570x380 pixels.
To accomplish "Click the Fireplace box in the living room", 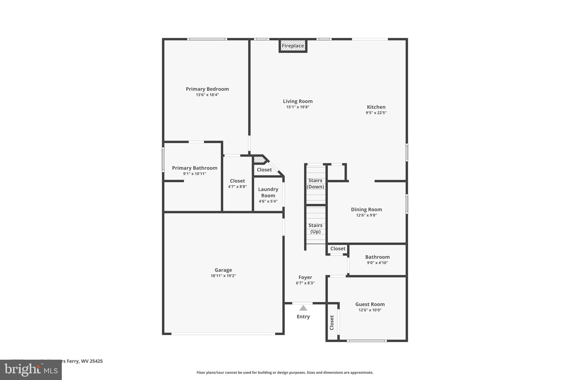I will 293,46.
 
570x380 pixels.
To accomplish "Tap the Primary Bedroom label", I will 207,89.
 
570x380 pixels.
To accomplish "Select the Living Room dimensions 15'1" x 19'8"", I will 298,107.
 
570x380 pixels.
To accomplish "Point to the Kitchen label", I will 376,107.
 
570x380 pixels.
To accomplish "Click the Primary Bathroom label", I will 195,168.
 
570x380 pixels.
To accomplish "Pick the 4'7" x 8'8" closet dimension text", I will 237,187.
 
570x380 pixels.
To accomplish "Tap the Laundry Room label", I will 268,192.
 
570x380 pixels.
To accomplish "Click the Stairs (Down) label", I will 315,183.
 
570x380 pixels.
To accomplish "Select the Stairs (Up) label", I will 315,228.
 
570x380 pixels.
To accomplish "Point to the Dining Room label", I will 366,209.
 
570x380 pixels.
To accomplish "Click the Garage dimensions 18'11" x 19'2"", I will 223,276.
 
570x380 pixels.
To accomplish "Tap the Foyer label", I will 305,277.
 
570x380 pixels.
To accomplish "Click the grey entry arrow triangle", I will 303,308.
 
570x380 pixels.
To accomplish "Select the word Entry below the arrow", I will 303,317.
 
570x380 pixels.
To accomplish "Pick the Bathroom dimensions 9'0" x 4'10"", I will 377,263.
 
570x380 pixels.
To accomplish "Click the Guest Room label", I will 370,304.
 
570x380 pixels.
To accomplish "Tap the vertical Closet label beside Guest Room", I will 332,323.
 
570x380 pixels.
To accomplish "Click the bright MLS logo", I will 31,370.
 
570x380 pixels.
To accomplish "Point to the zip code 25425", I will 96,361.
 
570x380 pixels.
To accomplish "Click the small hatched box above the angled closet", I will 259,160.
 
